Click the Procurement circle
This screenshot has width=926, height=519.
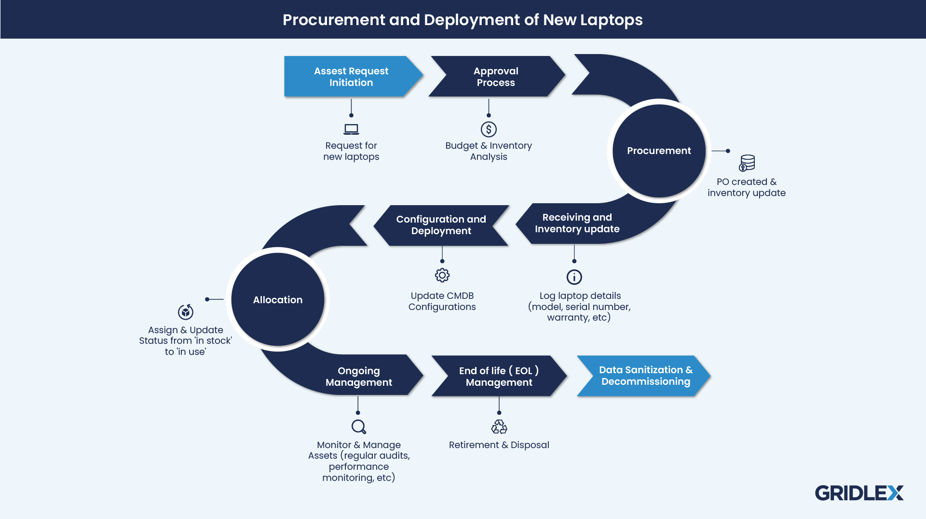pyautogui.click(x=659, y=151)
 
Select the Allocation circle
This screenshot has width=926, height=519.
pyautogui.click(x=278, y=300)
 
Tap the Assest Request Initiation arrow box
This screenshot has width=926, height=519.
pyautogui.click(x=351, y=77)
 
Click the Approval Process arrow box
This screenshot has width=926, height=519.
pyautogui.click(x=496, y=77)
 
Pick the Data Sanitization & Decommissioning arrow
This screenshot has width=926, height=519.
pyautogui.click(x=645, y=376)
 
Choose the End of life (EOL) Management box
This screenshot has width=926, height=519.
pyautogui.click(x=499, y=376)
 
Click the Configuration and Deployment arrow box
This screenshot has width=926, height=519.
pyautogui.click(x=441, y=225)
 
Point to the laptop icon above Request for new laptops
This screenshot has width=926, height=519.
pyautogui.click(x=351, y=129)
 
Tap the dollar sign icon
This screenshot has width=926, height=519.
pyautogui.click(x=489, y=129)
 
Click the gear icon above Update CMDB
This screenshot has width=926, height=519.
pyautogui.click(x=442, y=275)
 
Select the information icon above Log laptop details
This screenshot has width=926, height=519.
pyautogui.click(x=574, y=277)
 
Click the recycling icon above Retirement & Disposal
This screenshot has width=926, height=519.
pyautogui.click(x=499, y=427)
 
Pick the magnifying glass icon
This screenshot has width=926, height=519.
pyautogui.click(x=358, y=427)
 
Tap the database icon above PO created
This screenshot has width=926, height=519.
pyautogui.click(x=747, y=163)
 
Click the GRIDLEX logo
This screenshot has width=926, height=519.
pyautogui.click(x=859, y=493)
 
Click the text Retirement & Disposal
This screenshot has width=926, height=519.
pyautogui.click(x=499, y=445)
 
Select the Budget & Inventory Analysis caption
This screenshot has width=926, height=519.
pyautogui.click(x=489, y=151)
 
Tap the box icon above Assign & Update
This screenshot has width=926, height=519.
pyautogui.click(x=186, y=312)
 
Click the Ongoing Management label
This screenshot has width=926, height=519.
pyautogui.click(x=359, y=377)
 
